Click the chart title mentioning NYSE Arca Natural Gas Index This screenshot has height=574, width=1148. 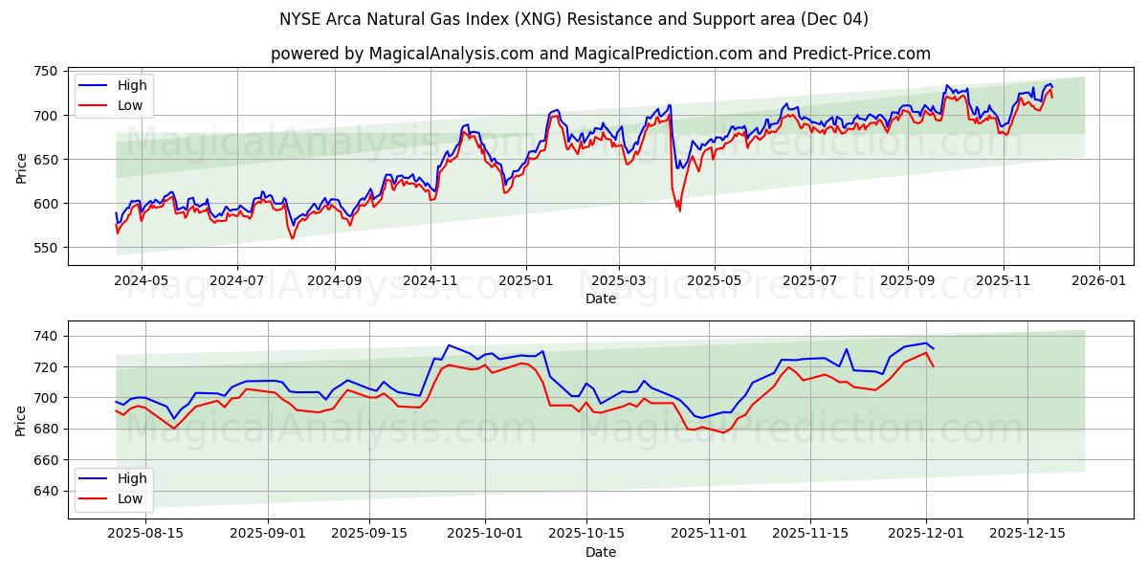pos(574,19)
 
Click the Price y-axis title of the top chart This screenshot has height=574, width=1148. pos(21,166)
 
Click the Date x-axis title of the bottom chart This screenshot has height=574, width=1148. pos(601,552)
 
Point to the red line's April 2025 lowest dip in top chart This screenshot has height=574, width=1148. pos(679,210)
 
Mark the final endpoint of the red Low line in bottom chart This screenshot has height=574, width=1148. pos(933,366)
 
